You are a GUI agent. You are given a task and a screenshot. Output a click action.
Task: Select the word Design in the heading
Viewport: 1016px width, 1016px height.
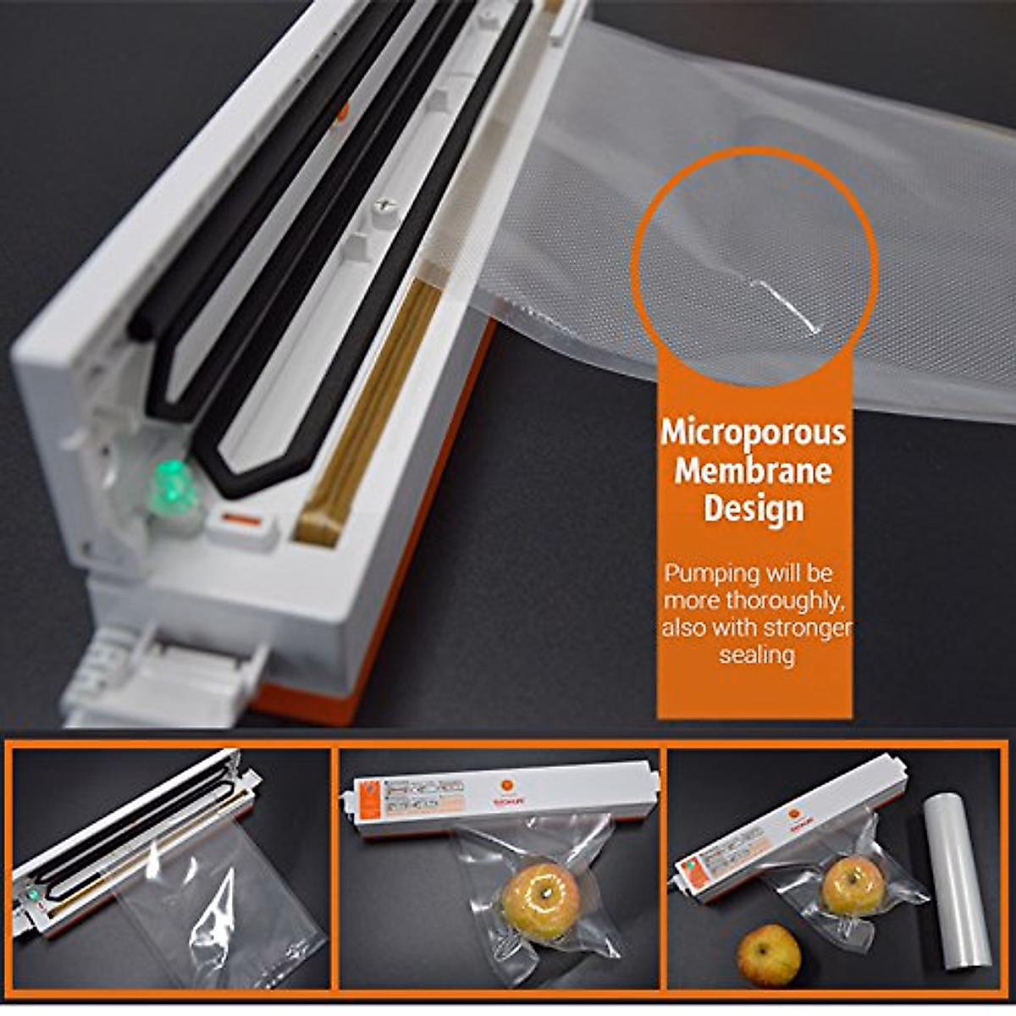[754, 509]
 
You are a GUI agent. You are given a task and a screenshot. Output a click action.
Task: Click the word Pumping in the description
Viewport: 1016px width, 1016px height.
[699, 573]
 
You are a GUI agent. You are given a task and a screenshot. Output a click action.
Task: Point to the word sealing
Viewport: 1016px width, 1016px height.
[757, 654]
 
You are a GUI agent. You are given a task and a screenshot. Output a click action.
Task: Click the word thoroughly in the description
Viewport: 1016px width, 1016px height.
[784, 601]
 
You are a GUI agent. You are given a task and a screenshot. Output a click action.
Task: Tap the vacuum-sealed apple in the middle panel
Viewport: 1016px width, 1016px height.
[541, 901]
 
